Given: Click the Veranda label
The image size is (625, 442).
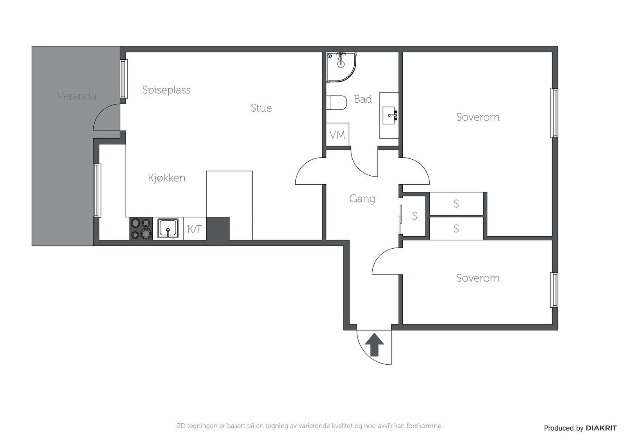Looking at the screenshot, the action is [x=77, y=96].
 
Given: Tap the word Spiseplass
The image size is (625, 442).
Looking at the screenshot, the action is [x=166, y=90].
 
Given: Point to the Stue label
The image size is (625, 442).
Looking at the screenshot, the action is [x=261, y=108].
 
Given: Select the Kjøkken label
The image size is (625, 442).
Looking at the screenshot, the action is [x=166, y=178].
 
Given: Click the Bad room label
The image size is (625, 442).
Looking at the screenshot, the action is [x=363, y=99].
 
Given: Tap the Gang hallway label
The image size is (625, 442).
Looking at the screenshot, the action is [x=362, y=199].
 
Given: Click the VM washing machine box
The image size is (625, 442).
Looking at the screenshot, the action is [x=337, y=134].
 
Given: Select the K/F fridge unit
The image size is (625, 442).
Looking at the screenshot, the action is [x=195, y=229].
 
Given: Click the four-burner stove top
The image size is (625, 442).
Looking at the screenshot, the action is [x=141, y=228].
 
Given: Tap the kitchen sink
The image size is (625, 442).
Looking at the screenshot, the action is [x=168, y=228].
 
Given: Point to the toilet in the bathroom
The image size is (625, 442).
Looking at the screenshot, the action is [x=336, y=103].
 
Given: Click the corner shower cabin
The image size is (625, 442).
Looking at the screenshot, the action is [x=341, y=67].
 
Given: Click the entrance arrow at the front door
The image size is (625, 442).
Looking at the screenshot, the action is [x=375, y=345].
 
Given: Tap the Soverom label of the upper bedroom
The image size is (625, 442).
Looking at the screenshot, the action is [x=478, y=117].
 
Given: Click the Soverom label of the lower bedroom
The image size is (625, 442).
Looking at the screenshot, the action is [x=478, y=278].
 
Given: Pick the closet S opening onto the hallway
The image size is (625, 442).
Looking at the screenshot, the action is [x=414, y=216].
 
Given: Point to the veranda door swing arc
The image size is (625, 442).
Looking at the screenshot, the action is [x=101, y=112].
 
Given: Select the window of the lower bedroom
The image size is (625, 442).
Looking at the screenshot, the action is [x=554, y=290].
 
